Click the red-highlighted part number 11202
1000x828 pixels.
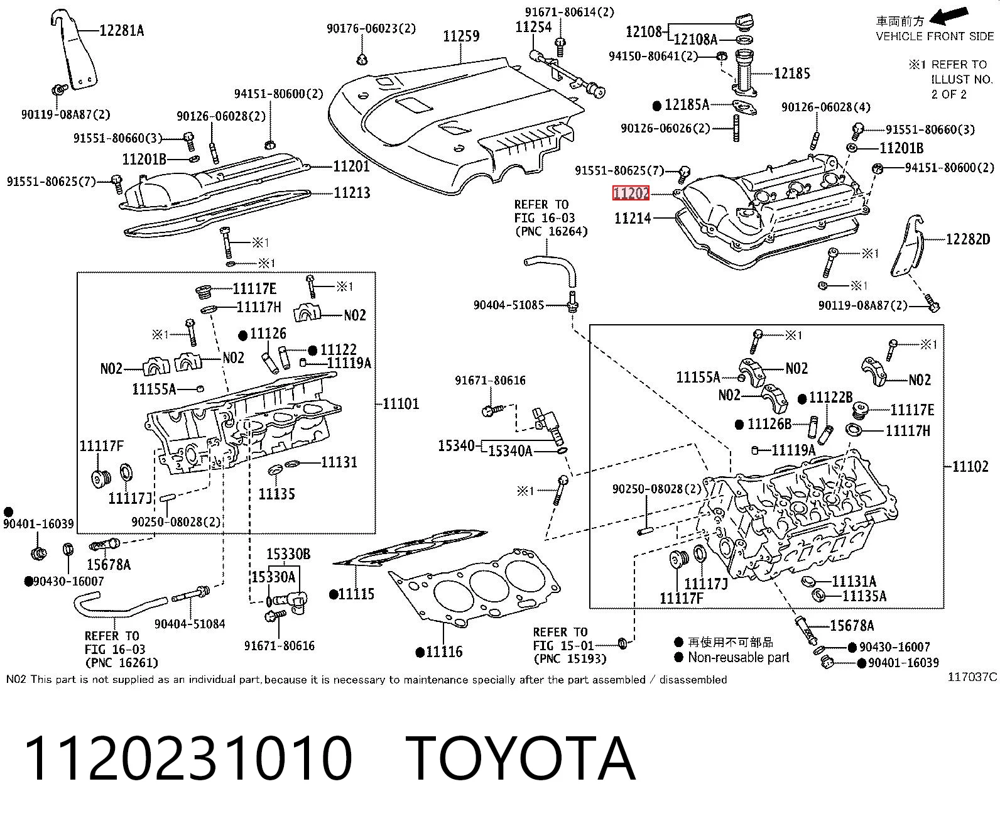point(631,193)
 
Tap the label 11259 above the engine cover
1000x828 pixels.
point(460,36)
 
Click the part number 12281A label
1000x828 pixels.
point(122,31)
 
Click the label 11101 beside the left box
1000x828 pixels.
point(401,403)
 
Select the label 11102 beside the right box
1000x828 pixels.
point(970,466)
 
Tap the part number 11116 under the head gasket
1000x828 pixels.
point(444,651)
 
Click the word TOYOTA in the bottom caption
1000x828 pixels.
point(521,759)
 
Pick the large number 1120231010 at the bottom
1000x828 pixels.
point(188,759)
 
